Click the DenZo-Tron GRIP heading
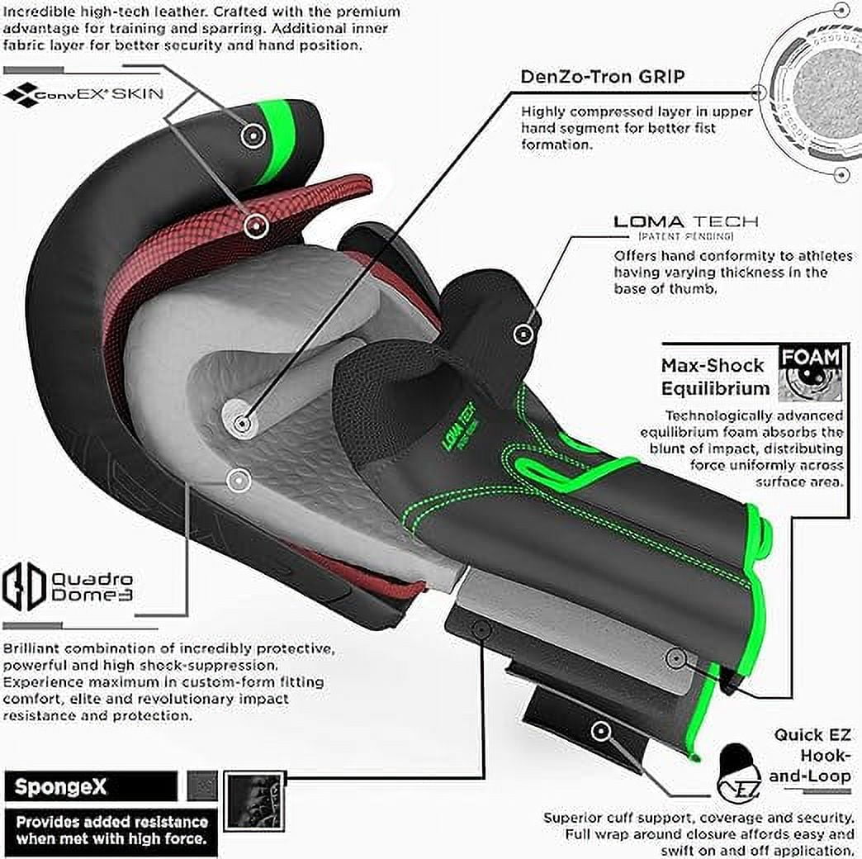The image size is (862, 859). tap(603, 77)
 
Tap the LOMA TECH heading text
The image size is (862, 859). tap(685, 221)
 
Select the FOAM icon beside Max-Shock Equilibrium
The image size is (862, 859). tap(810, 373)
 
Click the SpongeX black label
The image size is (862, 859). tap(91, 786)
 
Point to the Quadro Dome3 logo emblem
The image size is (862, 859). tap(23, 586)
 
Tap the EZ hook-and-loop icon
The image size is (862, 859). tap(740, 773)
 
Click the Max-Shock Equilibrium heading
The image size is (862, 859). tap(715, 377)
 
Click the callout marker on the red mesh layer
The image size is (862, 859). tap(256, 225)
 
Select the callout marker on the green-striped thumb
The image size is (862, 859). tap(253, 135)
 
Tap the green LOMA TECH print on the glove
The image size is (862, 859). tap(460, 428)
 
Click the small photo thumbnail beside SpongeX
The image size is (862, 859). tap(255, 802)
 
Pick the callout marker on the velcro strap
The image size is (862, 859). tap(600, 731)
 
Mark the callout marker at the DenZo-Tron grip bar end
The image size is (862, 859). tap(241, 424)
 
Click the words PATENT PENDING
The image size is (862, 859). tap(685, 236)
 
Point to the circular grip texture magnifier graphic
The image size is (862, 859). tap(813, 93)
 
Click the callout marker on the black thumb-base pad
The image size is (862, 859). tap(524, 333)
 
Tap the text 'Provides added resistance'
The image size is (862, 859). tap(112, 822)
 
